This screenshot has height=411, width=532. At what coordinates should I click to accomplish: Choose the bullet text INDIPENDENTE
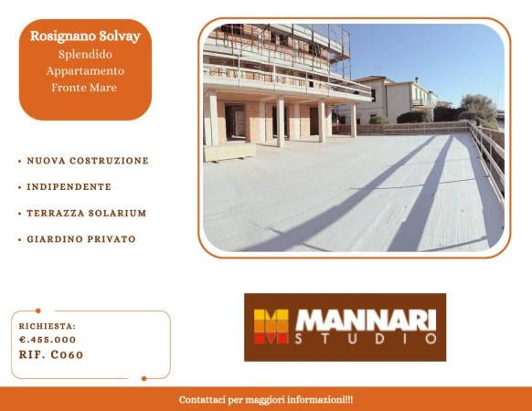[69, 186]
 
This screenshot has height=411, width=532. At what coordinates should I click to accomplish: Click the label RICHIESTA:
[48, 325]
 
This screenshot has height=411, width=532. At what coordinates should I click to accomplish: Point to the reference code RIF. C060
[51, 354]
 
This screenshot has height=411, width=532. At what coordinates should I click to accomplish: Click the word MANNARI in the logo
[366, 321]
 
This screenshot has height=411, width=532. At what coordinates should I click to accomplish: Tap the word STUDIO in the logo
[366, 340]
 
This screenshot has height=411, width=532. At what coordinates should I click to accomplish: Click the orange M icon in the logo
[271, 326]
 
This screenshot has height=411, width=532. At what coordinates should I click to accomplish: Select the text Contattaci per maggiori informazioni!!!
[266, 400]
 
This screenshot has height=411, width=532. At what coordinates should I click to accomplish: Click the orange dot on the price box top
[37, 311]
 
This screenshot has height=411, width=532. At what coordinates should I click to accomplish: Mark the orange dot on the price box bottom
[144, 378]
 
